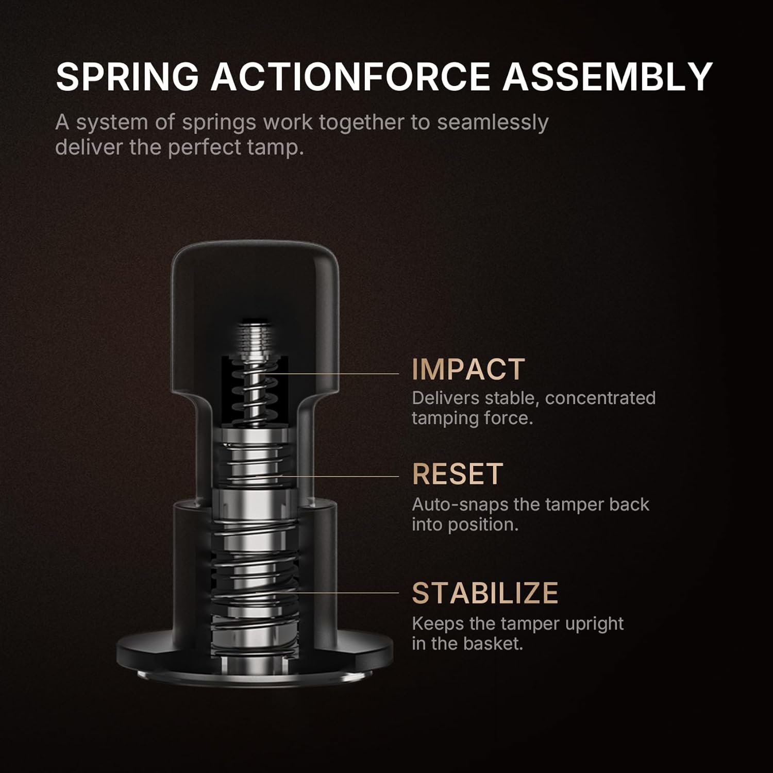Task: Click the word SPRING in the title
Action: click(x=127, y=77)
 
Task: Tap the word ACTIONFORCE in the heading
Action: click(x=350, y=77)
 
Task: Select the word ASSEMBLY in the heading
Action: click(x=608, y=77)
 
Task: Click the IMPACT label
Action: click(x=468, y=369)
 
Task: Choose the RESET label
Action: click(x=457, y=474)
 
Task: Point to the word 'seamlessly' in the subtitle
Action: click(x=493, y=123)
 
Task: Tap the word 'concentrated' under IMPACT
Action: click(x=600, y=398)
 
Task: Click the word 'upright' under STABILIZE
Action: click(x=594, y=624)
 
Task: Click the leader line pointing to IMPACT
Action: click(x=340, y=374)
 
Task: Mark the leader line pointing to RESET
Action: click(x=340, y=476)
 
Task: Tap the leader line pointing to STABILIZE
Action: click(x=340, y=593)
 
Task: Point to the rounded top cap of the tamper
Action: click(x=255, y=268)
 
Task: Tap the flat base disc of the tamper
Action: click(x=155, y=654)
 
